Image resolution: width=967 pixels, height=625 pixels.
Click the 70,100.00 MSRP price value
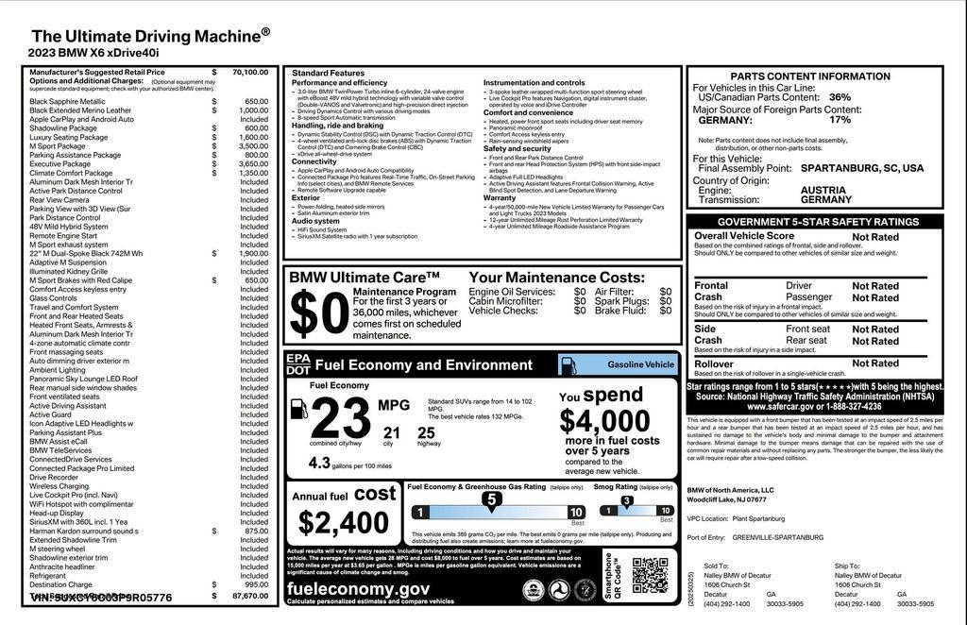(249, 72)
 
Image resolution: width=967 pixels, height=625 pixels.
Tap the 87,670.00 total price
(249, 596)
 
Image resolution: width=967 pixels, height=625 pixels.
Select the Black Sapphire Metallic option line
(68, 101)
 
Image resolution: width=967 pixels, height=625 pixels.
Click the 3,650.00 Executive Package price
(252, 163)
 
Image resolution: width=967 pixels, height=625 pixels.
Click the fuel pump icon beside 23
(298, 409)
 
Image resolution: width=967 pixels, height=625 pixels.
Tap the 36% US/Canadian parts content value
(839, 97)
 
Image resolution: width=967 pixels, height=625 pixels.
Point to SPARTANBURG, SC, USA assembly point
(861, 168)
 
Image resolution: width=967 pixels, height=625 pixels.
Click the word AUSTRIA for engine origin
(823, 190)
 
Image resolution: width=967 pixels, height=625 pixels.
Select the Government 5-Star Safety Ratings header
(817, 222)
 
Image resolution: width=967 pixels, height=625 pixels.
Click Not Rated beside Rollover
(875, 363)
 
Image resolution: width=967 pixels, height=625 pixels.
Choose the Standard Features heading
(328, 73)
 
